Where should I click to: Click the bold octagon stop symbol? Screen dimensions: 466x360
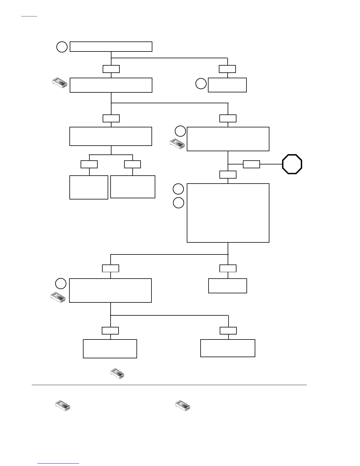pos(292,164)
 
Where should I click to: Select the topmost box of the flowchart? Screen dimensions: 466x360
pos(111,47)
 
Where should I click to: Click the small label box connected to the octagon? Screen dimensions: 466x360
pos(251,164)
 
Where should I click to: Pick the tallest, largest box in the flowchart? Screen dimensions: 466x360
pos(228,213)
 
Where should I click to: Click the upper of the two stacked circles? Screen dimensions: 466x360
pos(178,189)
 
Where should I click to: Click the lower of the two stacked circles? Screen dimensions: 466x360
pos(178,203)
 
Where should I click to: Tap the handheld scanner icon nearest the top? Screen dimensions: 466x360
pos(60,83)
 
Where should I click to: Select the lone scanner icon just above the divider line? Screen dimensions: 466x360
pos(117,374)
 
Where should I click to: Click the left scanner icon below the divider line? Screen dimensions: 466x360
pos(63,405)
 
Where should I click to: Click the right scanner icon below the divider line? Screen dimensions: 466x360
pos(183,405)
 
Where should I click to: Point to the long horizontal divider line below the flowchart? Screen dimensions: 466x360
pos(169,385)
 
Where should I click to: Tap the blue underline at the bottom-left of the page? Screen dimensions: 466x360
pos(59,464)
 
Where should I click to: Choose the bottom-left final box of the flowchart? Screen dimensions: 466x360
pos(110,349)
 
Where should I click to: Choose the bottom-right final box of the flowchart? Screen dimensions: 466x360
pos(228,348)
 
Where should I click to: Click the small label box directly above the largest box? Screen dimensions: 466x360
pos(228,174)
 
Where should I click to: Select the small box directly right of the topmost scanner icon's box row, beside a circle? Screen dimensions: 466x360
pos(227,85)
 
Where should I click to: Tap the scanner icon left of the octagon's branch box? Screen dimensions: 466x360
pos(177,144)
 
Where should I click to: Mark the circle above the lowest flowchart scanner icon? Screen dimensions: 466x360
pos(61,283)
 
